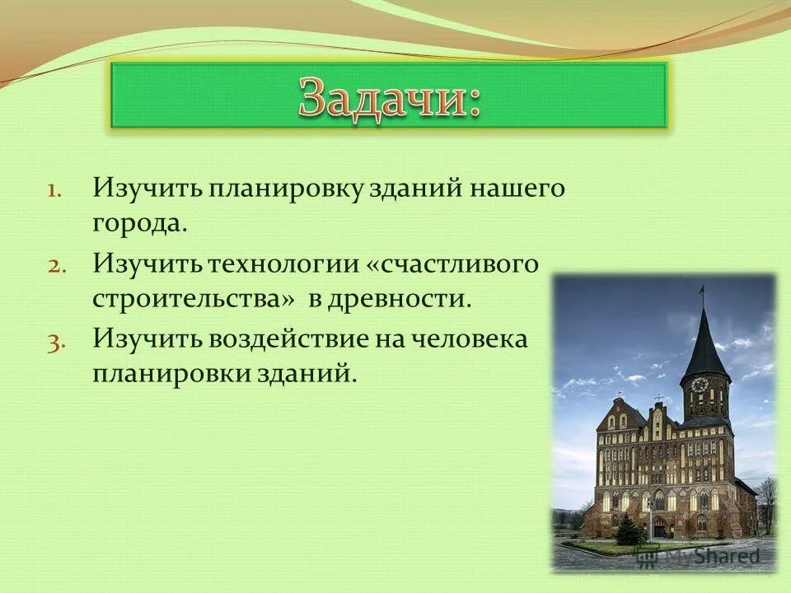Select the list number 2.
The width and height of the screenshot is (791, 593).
pyautogui.click(x=55, y=267)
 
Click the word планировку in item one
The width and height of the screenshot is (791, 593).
pyautogui.click(x=287, y=190)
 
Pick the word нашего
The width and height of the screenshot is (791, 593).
pyautogui.click(x=517, y=190)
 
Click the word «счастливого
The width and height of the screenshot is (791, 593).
pyautogui.click(x=452, y=264)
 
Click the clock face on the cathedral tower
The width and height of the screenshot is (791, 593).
pyautogui.click(x=699, y=385)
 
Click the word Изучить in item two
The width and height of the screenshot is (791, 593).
pyautogui.click(x=147, y=264)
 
